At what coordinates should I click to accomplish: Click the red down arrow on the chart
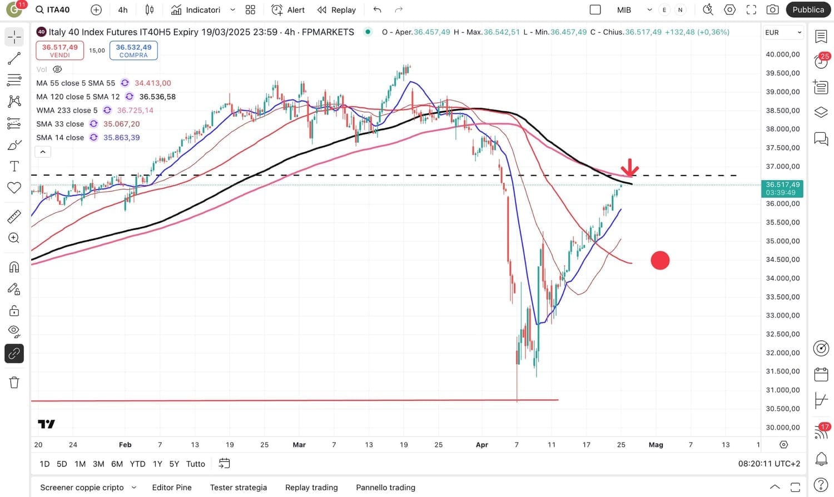629,167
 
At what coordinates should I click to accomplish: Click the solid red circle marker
660,260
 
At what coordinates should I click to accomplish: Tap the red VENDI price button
60,50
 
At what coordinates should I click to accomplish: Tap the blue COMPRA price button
133,50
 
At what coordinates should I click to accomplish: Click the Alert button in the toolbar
288,10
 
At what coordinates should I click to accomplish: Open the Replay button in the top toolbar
336,10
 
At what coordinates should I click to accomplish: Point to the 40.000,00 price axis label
783,54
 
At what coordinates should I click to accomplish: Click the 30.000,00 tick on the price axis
783,428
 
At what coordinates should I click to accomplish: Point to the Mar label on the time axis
299,445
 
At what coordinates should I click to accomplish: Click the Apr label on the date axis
482,445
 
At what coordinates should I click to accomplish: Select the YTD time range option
137,464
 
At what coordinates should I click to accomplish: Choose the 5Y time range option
174,464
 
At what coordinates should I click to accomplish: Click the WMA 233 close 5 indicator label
67,110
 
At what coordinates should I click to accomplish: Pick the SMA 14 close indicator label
60,137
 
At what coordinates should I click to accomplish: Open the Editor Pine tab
172,488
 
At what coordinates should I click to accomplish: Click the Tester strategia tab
239,488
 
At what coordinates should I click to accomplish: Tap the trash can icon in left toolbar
14,382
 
